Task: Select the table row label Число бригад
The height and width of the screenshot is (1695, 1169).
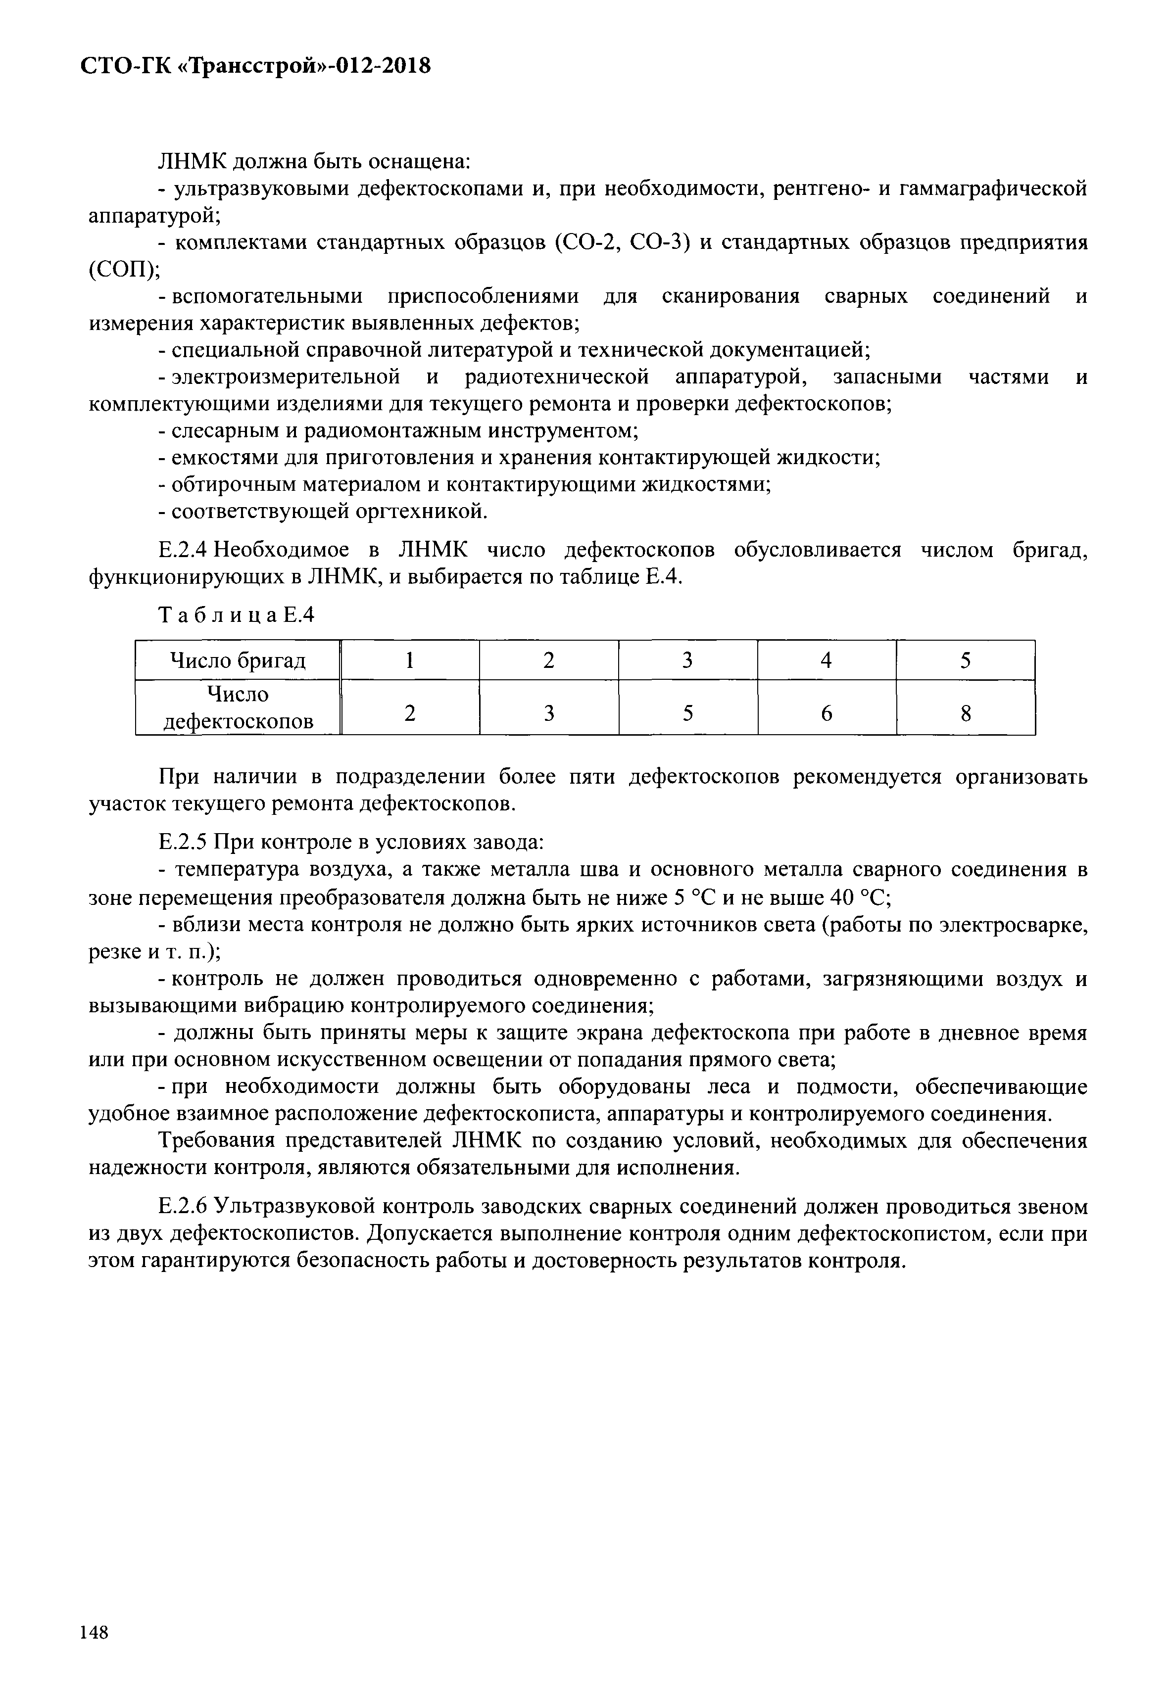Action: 238,660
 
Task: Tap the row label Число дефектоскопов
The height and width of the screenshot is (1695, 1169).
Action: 238,707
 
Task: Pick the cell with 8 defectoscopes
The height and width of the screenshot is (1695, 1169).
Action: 966,712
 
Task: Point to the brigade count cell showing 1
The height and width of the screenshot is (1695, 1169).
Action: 410,660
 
